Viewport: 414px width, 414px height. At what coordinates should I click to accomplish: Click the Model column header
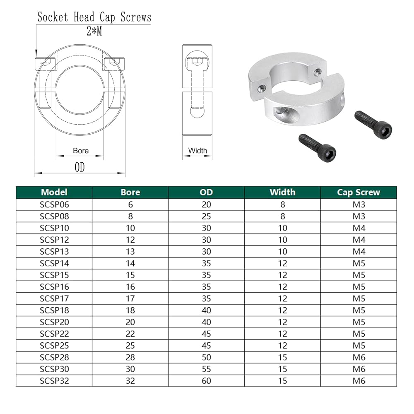coord(54,192)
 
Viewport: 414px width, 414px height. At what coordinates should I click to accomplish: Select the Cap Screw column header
coord(359,192)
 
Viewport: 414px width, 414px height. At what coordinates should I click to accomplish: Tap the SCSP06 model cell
coord(54,205)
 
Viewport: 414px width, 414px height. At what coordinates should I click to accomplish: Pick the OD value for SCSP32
coord(207,381)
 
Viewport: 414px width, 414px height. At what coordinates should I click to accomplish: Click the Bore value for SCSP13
coord(130,251)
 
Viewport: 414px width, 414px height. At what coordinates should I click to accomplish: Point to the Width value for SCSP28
coord(282,357)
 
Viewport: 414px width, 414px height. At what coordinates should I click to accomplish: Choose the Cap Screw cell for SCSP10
coord(359,228)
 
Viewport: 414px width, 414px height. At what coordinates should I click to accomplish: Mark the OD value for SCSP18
coord(207,310)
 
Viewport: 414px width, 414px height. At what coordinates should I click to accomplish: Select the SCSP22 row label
coord(54,334)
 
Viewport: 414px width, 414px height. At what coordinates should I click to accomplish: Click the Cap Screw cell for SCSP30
coord(359,369)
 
